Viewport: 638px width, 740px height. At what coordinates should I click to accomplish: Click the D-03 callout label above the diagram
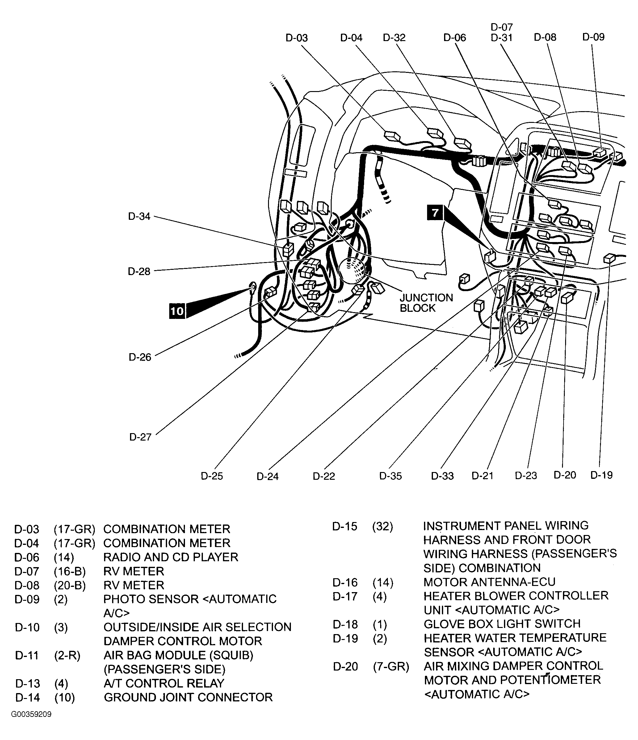point(296,38)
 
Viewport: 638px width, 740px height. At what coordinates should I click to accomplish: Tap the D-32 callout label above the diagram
point(394,38)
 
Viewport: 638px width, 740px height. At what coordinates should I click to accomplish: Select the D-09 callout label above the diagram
point(593,37)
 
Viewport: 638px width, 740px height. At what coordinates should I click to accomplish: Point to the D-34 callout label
point(139,216)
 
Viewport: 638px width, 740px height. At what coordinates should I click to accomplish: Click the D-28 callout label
point(139,271)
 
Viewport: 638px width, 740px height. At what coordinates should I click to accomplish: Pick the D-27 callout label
point(141,437)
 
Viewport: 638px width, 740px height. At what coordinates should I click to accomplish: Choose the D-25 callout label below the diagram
point(212,476)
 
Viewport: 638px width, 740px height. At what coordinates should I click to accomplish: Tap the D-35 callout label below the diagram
point(390,476)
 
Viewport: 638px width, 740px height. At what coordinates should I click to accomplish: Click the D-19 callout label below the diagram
point(602,475)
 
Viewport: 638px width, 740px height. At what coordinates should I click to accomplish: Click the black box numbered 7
point(435,213)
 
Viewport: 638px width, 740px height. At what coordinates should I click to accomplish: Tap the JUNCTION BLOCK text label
point(426,303)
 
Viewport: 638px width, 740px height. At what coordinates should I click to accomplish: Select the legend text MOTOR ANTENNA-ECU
point(489,582)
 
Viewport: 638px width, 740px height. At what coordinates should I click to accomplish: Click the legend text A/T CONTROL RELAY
point(164,683)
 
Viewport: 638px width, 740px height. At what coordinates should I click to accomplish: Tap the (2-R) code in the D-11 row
point(67,655)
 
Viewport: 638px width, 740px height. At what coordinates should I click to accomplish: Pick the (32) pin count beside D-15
point(383,526)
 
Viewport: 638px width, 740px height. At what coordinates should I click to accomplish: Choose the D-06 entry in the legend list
point(27,557)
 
